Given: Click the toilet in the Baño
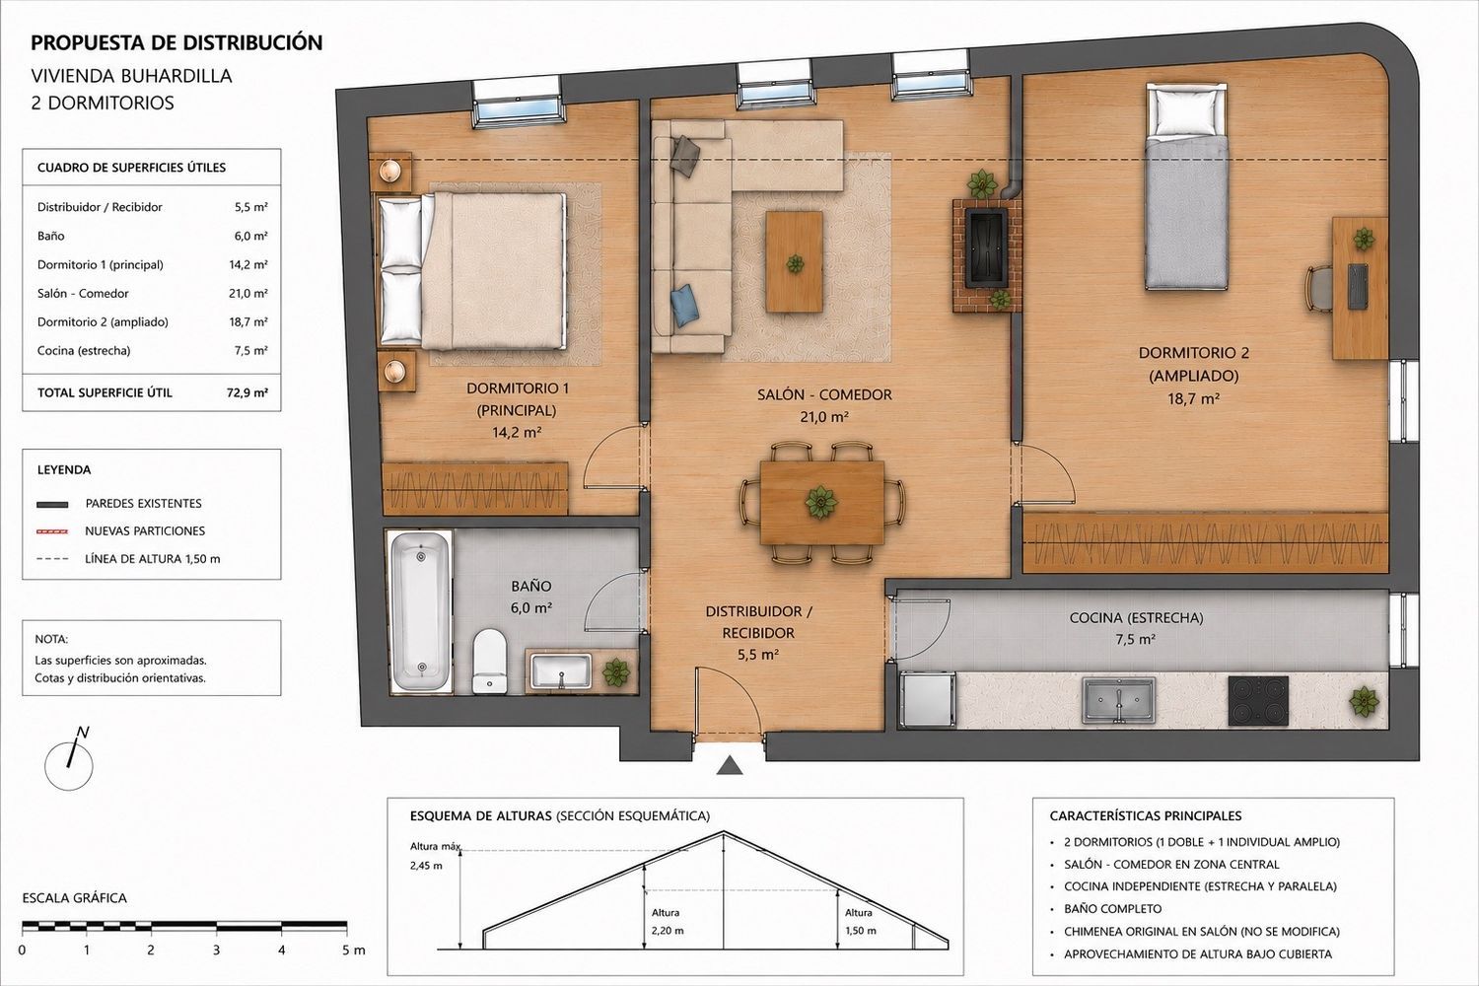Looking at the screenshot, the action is (x=489, y=661).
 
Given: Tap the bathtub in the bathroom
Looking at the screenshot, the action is (x=421, y=611).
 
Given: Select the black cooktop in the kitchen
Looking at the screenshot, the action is (x=1258, y=701).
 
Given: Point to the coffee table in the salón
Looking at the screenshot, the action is (x=795, y=261).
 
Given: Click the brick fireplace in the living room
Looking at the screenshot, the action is (x=986, y=255).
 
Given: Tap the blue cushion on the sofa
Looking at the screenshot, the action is (x=682, y=305).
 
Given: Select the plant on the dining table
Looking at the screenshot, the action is (x=820, y=502).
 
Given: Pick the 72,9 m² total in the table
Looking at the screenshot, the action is (x=246, y=392).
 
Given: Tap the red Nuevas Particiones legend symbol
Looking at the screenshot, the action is (x=52, y=531).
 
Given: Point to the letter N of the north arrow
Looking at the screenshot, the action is (x=83, y=732).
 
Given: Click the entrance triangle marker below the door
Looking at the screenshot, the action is (x=730, y=766).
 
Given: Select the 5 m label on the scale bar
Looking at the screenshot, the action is (x=352, y=951).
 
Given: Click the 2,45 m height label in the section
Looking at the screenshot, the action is (x=426, y=866).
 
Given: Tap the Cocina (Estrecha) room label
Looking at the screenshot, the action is (x=1136, y=617).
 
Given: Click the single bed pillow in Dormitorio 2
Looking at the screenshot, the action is (x=1186, y=111).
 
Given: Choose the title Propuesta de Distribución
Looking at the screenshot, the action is (x=176, y=43).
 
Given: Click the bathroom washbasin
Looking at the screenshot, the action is (x=561, y=671).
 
